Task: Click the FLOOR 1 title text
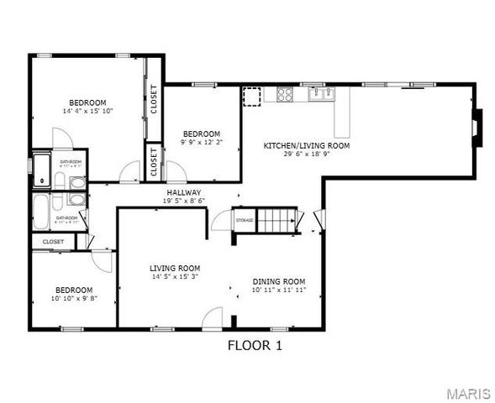pyautogui.click(x=255, y=345)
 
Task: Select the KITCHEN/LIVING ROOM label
pyautogui.click(x=307, y=145)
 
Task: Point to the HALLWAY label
pyautogui.click(x=182, y=192)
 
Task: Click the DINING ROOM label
pyautogui.click(x=278, y=281)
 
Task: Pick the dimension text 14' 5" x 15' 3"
pyautogui.click(x=175, y=277)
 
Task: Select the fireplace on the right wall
pyautogui.click(x=477, y=124)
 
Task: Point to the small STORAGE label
pyautogui.click(x=244, y=220)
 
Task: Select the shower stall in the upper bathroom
pyautogui.click(x=42, y=168)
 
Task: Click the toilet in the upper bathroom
pyautogui.click(x=76, y=183)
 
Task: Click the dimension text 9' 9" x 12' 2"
pyautogui.click(x=202, y=143)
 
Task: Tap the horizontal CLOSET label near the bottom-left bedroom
pyautogui.click(x=53, y=242)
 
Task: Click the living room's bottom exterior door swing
pyautogui.click(x=213, y=319)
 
